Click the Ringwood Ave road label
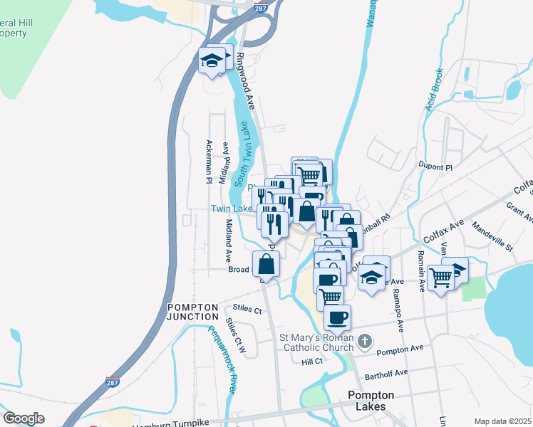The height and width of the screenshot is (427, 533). tap(246, 80)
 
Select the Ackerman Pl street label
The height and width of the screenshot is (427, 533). tap(209, 162)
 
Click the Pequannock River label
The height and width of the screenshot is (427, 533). tap(220, 359)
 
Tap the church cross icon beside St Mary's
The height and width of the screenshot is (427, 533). tap(364, 341)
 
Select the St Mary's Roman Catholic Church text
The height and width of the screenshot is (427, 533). tap(312, 342)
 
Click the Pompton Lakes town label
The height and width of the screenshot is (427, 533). tap(366, 401)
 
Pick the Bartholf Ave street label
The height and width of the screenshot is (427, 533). tap(384, 372)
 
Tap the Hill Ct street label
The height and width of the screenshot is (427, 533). tap(312, 362)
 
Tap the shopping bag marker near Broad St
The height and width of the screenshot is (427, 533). tap(266, 264)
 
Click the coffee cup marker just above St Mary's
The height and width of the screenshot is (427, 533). tap(338, 317)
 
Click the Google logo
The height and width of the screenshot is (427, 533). tap(24, 418)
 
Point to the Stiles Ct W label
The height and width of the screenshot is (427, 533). tap(236, 335)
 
